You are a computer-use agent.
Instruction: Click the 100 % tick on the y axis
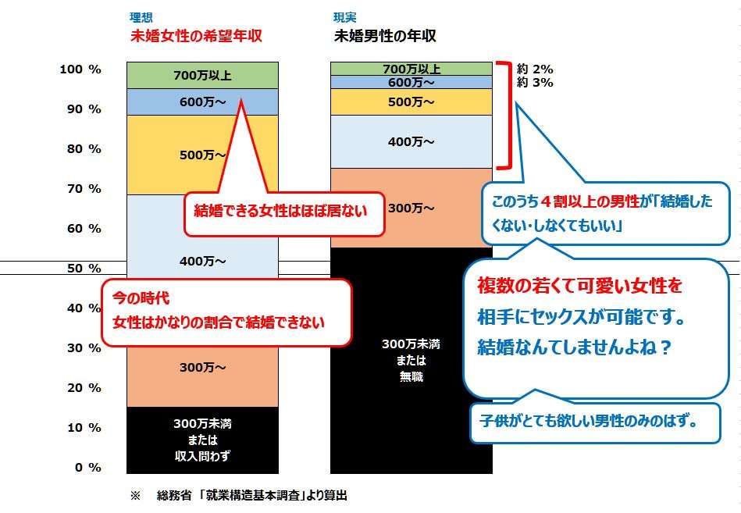[x=80, y=69]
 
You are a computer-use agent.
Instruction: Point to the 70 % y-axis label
[x=84, y=189]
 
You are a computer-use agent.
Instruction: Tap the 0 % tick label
[x=88, y=468]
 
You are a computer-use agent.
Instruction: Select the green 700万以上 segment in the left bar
[x=202, y=75]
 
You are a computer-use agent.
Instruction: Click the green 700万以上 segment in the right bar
[x=411, y=69]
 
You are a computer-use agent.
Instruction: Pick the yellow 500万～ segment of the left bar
[x=202, y=155]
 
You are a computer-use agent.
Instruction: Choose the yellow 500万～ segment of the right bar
[x=411, y=102]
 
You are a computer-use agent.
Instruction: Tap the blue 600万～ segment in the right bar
[x=411, y=82]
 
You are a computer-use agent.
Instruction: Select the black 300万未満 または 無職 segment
[x=411, y=360]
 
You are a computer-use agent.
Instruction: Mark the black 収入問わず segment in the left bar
[x=202, y=440]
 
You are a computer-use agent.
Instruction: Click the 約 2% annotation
[x=535, y=69]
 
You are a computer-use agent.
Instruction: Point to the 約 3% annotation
[x=535, y=83]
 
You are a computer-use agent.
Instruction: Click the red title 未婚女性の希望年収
[x=196, y=36]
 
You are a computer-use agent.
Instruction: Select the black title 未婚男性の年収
[x=385, y=36]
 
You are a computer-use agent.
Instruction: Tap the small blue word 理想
[x=141, y=17]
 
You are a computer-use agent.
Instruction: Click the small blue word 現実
[x=345, y=17]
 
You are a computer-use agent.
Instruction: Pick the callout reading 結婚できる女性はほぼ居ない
[x=283, y=214]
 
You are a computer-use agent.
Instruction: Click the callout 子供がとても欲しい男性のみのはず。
[x=595, y=422]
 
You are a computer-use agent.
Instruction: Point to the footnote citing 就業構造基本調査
[x=239, y=495]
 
